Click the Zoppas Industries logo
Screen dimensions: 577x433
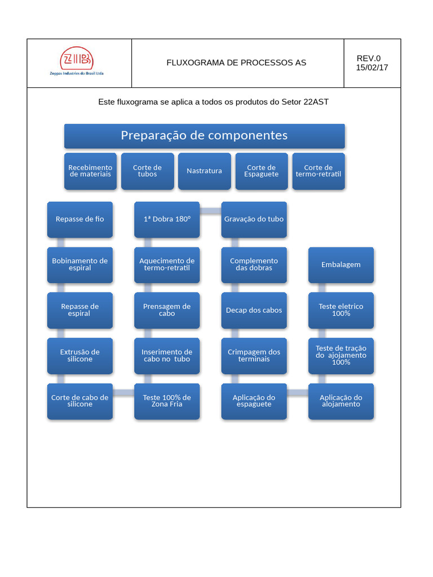(x=77, y=61)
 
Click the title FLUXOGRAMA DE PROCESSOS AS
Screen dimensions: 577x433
(x=236, y=63)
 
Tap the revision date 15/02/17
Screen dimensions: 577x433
(x=372, y=68)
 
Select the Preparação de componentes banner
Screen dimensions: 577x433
(x=204, y=136)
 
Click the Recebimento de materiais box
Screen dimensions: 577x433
(x=90, y=171)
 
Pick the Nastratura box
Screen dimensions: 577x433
(x=204, y=171)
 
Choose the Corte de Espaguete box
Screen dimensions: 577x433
(x=261, y=171)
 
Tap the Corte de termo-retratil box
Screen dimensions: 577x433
(x=318, y=171)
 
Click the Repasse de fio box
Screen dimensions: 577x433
(x=79, y=219)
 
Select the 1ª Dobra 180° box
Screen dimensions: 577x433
(x=166, y=219)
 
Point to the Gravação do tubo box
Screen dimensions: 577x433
(x=254, y=219)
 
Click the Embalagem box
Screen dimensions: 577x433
(x=341, y=265)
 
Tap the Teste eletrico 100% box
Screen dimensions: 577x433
(x=341, y=310)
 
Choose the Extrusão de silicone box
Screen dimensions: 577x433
(x=79, y=356)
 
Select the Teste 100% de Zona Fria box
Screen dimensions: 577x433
(x=166, y=401)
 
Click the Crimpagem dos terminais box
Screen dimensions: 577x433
(x=254, y=356)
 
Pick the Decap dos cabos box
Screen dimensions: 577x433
(x=254, y=310)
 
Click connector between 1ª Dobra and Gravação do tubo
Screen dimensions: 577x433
(x=210, y=211)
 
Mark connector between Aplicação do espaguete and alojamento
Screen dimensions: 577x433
(x=298, y=393)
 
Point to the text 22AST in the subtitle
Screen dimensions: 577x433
(x=316, y=102)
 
